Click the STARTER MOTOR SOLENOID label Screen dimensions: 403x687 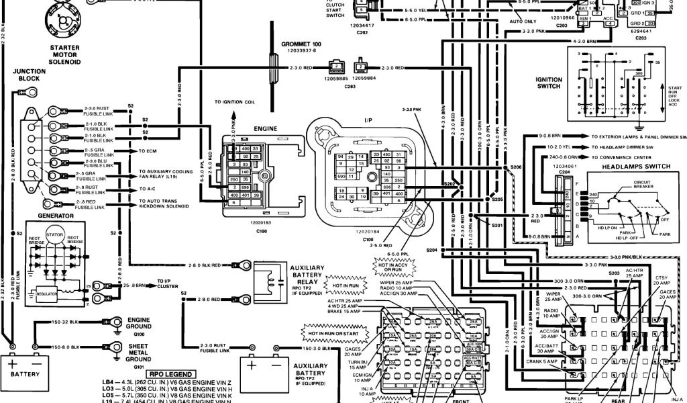coord(64,54)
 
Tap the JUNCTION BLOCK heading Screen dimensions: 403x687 coord(29,75)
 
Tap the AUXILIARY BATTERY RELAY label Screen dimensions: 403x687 coord(313,275)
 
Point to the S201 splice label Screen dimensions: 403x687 coord(496,225)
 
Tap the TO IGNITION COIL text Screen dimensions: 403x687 coord(236,102)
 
